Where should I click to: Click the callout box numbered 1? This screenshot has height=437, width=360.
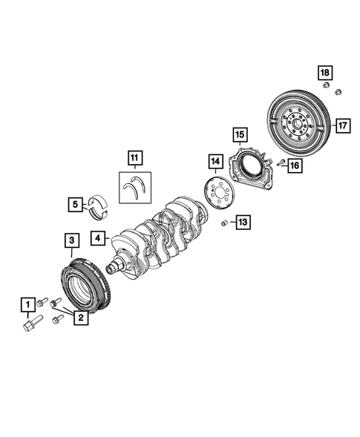pyautogui.click(x=27, y=303)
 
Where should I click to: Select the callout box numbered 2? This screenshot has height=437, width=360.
pyautogui.click(x=78, y=318)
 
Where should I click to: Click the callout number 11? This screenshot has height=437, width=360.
pyautogui.click(x=134, y=157)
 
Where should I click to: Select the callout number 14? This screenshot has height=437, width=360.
pyautogui.click(x=215, y=161)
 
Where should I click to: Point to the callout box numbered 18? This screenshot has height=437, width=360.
pyautogui.click(x=324, y=73)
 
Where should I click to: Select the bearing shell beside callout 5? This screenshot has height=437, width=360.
pyautogui.click(x=97, y=203)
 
